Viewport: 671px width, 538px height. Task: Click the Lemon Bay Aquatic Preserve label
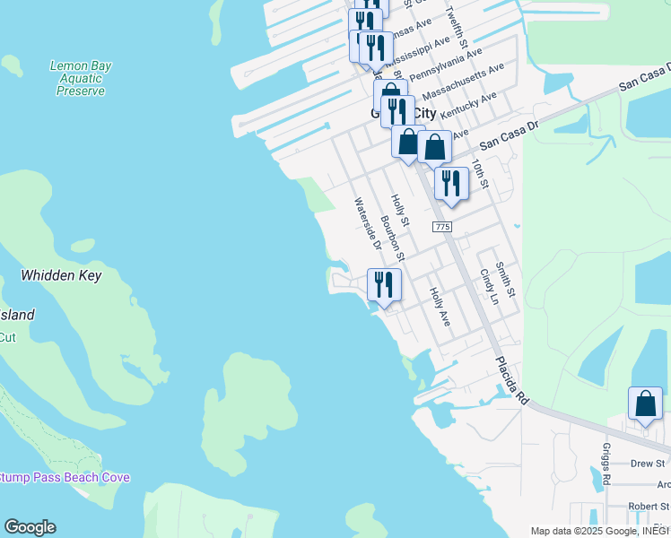[x=81, y=78]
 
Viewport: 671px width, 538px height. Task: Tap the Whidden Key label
[x=61, y=276]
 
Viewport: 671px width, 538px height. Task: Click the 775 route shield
[x=441, y=228]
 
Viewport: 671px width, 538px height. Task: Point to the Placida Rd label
[x=512, y=382]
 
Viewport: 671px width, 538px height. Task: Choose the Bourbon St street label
[x=392, y=238]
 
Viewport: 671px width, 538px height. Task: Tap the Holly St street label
[x=400, y=210]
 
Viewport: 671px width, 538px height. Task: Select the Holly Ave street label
[x=438, y=305]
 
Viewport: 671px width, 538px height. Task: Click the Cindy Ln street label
[x=487, y=286]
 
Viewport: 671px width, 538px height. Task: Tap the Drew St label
[x=648, y=464]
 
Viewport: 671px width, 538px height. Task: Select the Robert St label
[x=649, y=507]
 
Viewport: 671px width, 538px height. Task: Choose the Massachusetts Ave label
[x=463, y=81]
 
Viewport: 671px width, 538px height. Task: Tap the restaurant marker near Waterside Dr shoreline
[x=384, y=285]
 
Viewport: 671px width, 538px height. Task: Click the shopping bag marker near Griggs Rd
[x=646, y=404]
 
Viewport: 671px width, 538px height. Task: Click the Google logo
[x=30, y=527]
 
